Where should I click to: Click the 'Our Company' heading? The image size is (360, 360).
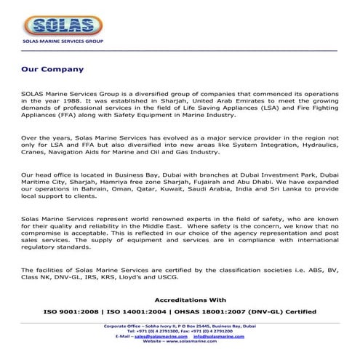[52, 70]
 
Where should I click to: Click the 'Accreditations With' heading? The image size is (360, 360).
[192, 299]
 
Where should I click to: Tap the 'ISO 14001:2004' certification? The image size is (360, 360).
[148, 311]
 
